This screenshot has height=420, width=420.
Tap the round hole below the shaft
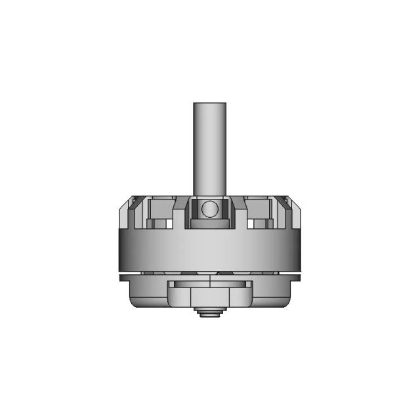[209, 209]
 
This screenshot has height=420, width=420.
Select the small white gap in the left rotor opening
[170, 224]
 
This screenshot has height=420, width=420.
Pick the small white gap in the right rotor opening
[250, 224]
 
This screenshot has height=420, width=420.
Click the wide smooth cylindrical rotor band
[209, 249]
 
